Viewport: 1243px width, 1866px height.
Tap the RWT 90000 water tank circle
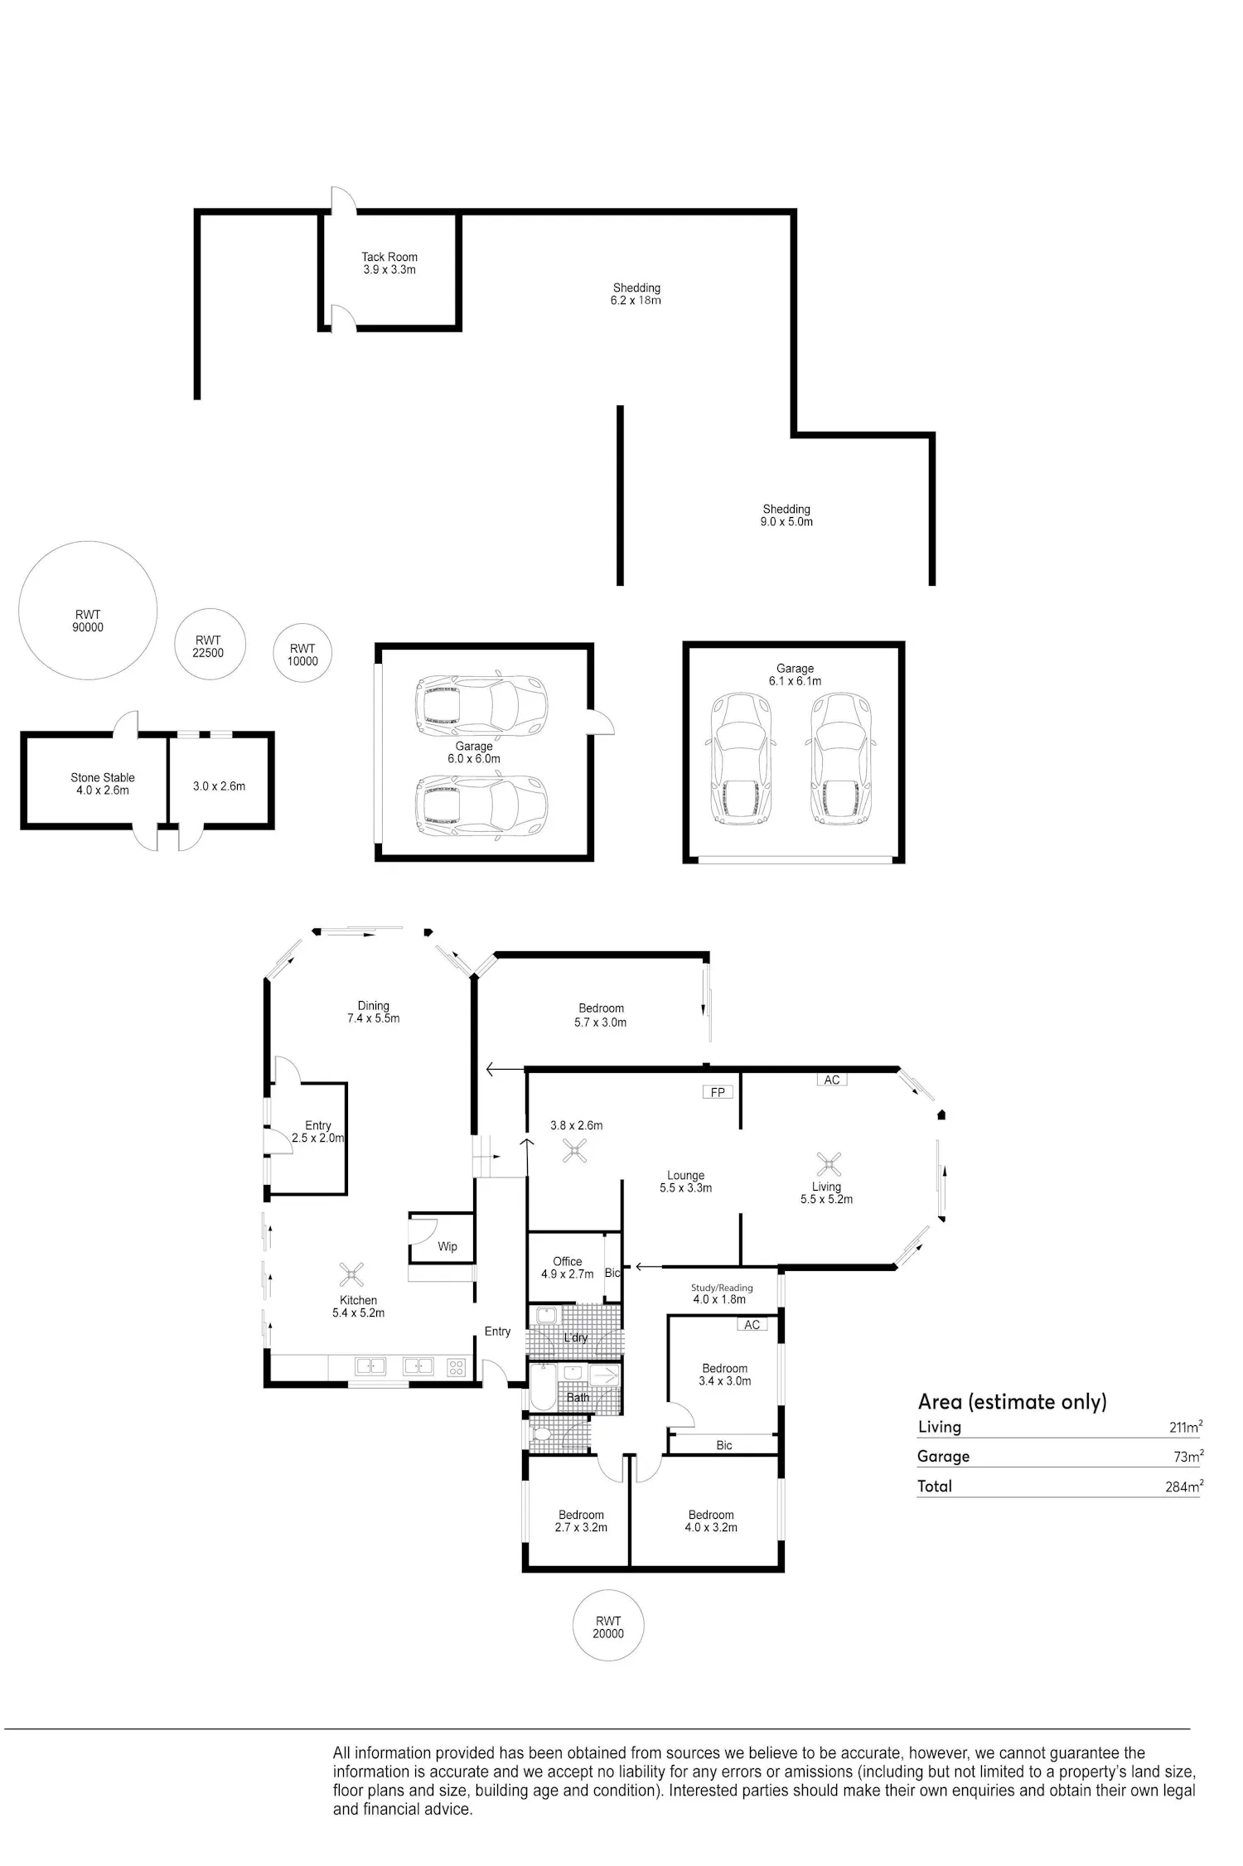tap(88, 611)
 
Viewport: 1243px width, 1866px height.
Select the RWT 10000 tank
tap(302, 653)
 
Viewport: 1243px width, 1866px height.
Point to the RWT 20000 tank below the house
tap(608, 1626)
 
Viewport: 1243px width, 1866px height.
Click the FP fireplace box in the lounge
tap(718, 1092)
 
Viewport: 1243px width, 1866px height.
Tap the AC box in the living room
tap(832, 1080)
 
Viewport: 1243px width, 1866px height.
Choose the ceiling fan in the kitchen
tap(352, 1274)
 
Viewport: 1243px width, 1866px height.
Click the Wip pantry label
tap(447, 1246)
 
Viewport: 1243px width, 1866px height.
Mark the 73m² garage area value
tap(1187, 1455)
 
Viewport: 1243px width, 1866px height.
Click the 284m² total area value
tap(1183, 1485)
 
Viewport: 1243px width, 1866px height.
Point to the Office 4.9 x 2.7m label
tap(568, 1268)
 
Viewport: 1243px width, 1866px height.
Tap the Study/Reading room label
tap(722, 1288)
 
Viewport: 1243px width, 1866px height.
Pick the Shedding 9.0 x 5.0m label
tap(786, 515)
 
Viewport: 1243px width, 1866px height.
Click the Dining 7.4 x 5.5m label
tap(374, 1012)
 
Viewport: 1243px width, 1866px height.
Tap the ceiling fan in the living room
tap(829, 1164)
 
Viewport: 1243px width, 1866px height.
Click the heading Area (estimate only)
tap(1013, 1402)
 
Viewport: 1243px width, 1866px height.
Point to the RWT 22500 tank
tap(209, 645)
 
